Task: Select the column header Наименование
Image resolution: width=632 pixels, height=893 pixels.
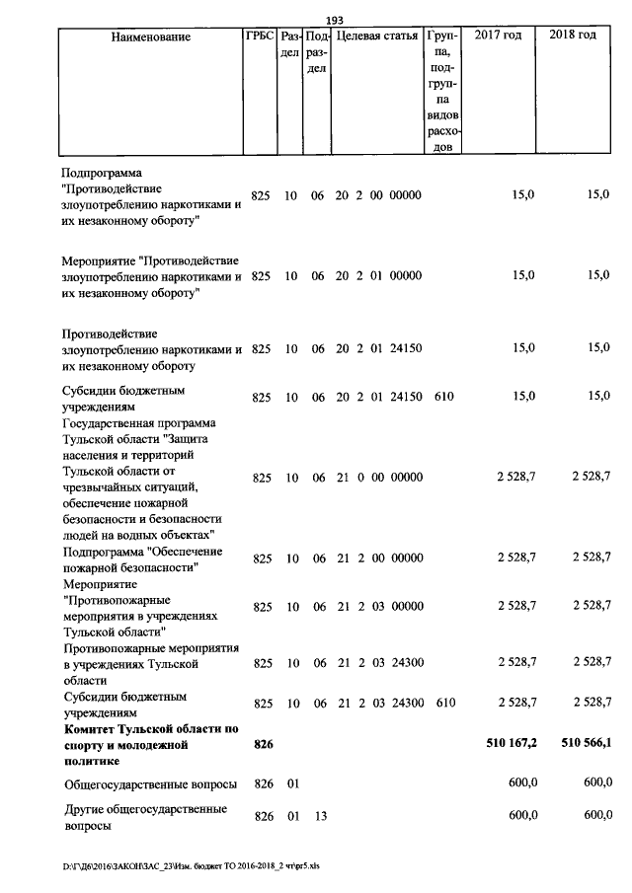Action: [150, 37]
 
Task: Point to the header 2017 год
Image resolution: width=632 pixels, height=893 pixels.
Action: [498, 36]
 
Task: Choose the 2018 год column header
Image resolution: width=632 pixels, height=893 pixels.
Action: [573, 36]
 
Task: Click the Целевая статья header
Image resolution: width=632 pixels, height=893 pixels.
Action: [377, 37]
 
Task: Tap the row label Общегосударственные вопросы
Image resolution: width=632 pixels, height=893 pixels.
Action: [150, 784]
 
